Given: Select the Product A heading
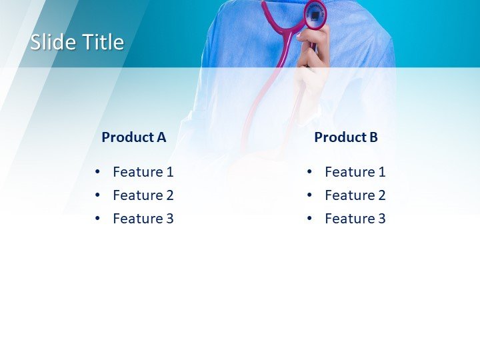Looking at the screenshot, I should coord(133,137).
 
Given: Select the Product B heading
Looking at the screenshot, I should coord(346,137).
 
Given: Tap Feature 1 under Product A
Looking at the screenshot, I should coord(143,172).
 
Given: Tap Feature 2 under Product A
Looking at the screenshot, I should coord(143,195).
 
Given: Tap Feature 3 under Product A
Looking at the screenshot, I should coord(143,219).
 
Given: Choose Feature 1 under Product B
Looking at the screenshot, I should coord(355,172).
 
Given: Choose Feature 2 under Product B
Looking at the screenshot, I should coord(355,195).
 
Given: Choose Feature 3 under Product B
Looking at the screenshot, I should coord(355,219).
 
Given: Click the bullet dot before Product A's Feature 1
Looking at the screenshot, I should coord(97,172).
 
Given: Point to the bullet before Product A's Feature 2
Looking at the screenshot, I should coord(97,195).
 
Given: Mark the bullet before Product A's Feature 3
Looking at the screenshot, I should coord(97,219).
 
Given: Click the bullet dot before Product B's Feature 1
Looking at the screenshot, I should coord(309,172).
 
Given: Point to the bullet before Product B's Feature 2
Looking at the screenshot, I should coord(309,195).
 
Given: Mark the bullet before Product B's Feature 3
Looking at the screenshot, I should coord(309,219).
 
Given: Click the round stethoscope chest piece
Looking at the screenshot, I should coord(316,14).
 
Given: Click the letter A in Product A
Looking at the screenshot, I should coord(161,137).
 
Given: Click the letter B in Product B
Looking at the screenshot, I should coord(373,137).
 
